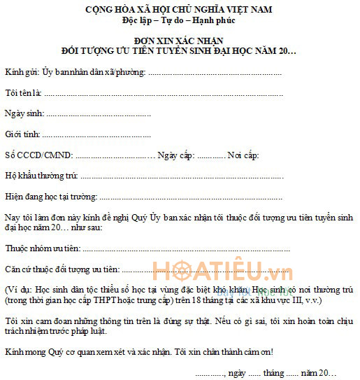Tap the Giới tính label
[22, 134]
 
